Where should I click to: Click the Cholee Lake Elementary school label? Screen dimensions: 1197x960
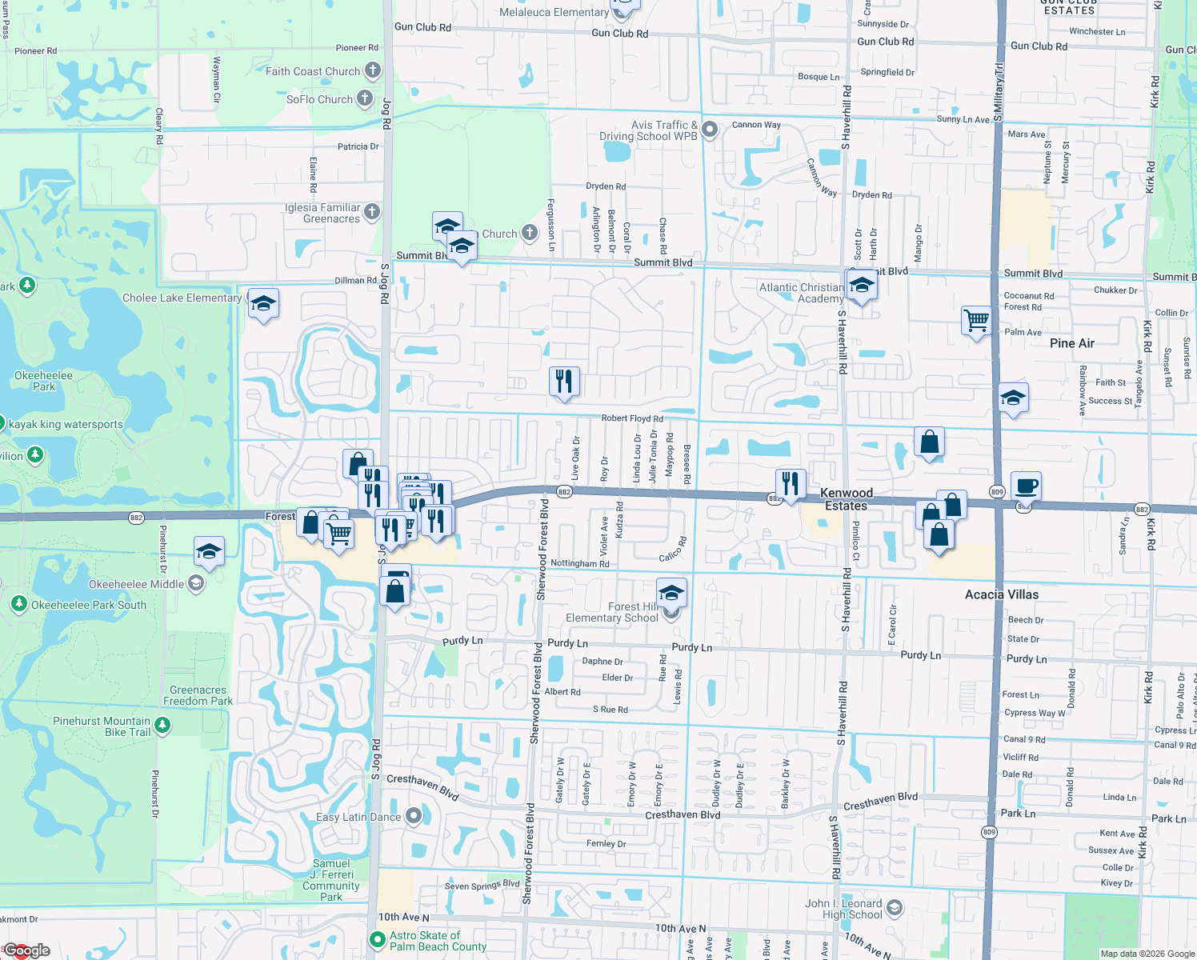point(182,298)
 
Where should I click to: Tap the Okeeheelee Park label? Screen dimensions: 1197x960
point(43,381)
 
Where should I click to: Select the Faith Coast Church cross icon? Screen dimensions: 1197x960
point(373,70)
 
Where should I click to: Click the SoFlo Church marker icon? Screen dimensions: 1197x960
point(365,99)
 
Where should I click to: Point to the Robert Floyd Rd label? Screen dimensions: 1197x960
point(632,418)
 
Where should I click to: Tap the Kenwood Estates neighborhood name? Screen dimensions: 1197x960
point(847,499)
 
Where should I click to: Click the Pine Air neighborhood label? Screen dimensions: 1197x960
point(1072,343)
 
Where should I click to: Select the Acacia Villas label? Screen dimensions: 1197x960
point(1002,594)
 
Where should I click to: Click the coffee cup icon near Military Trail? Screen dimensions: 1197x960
point(1026,486)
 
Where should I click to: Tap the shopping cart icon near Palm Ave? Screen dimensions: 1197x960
point(976,321)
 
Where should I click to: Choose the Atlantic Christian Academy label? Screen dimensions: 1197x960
point(801,293)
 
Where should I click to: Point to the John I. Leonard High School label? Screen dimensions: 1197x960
point(843,909)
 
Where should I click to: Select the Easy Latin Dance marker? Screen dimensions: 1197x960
point(414,817)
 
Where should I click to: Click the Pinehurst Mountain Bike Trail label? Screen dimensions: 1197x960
point(102,726)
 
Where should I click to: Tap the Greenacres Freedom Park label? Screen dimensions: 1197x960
point(198,695)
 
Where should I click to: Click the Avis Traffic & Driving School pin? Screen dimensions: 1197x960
point(710,129)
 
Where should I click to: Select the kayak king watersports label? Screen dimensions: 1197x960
point(66,425)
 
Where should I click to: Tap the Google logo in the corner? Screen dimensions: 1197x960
point(26,950)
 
